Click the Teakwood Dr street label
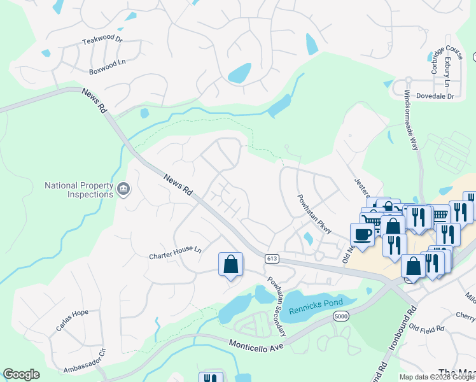click(x=102, y=39)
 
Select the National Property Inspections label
click(x=75, y=190)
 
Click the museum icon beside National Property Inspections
click(x=123, y=189)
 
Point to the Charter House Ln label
click(x=175, y=253)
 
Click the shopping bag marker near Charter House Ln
click(x=230, y=264)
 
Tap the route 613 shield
click(x=272, y=258)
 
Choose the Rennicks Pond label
click(x=316, y=306)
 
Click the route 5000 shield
click(x=342, y=316)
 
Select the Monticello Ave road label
click(x=255, y=343)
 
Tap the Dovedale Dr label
click(x=435, y=97)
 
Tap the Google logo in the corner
click(x=22, y=374)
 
